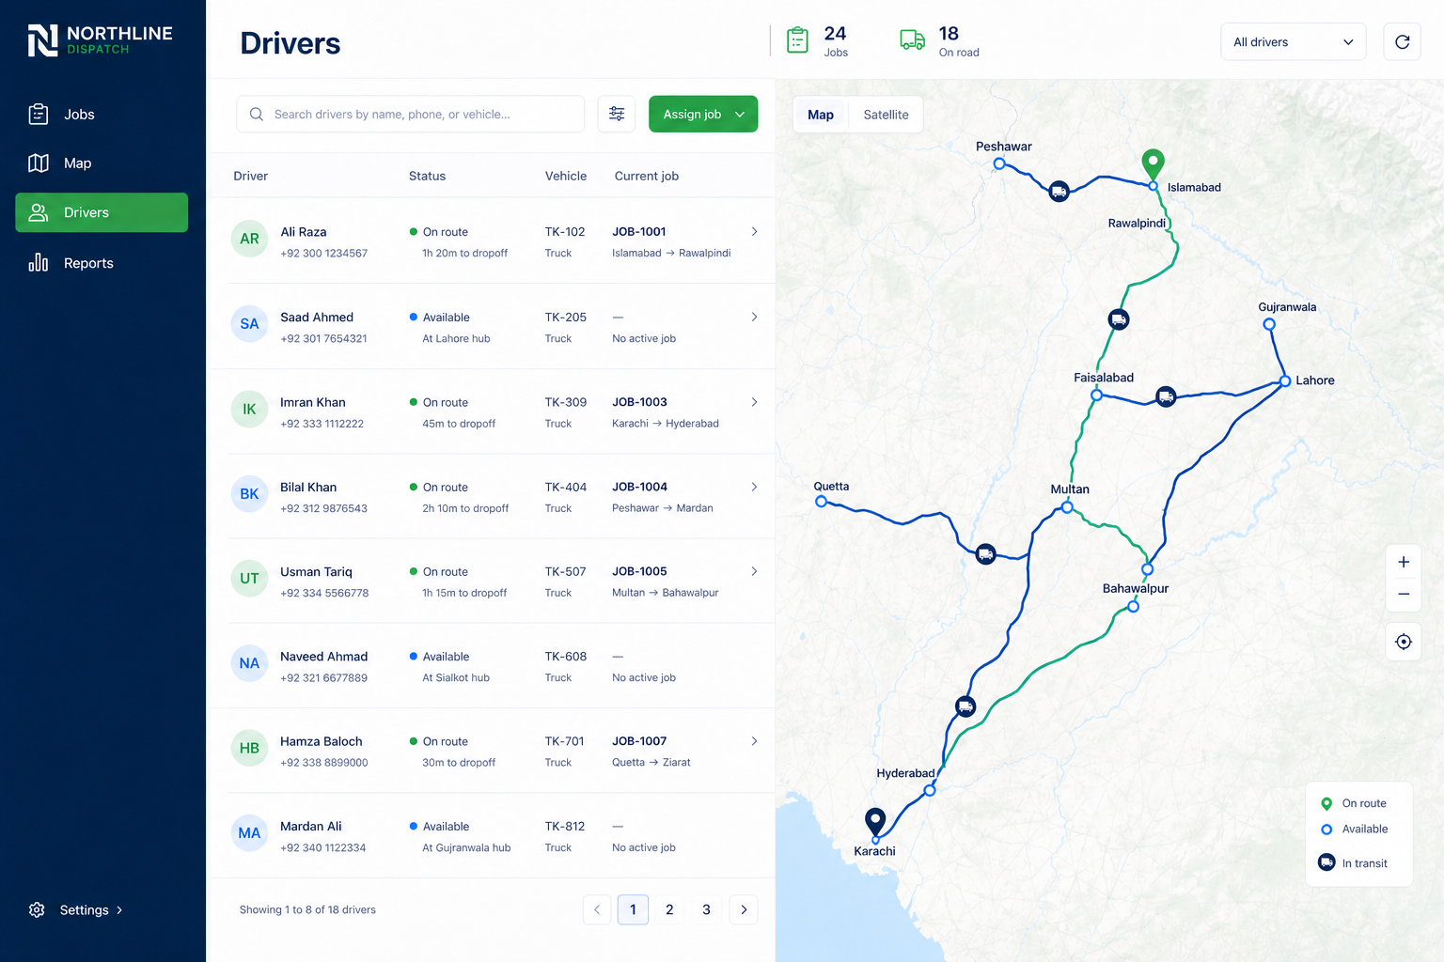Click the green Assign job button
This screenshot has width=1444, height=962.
tap(702, 114)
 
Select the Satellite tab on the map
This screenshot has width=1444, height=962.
tap(886, 115)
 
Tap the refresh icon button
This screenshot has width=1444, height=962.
tap(1402, 42)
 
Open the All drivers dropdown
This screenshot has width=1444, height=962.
tap(1294, 42)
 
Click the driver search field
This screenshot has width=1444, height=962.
tap(411, 114)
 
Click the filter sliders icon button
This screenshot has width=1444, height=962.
tap(617, 114)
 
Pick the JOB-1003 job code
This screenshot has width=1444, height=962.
tap(639, 402)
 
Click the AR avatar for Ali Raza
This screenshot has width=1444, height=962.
tap(249, 239)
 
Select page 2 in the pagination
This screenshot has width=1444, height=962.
tap(669, 909)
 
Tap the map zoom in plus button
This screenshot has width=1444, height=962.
tap(1404, 562)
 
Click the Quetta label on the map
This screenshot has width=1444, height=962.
tap(831, 487)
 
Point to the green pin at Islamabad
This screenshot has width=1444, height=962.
tap(1153, 163)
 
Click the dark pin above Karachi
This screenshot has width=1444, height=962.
tap(875, 822)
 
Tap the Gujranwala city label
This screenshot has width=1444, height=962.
tap(1287, 307)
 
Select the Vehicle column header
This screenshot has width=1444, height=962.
tap(565, 176)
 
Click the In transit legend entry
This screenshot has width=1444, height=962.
tap(1354, 862)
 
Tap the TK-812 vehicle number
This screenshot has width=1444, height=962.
tap(565, 826)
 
